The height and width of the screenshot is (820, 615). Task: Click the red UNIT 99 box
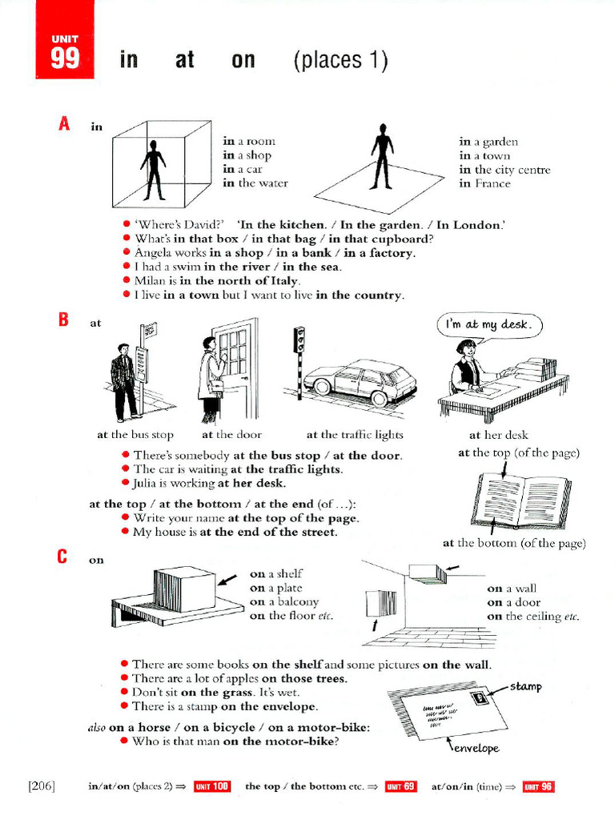click(65, 40)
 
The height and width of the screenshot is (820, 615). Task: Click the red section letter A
click(64, 124)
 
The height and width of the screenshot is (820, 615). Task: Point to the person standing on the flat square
click(382, 156)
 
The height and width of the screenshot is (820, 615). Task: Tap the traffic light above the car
click(299, 340)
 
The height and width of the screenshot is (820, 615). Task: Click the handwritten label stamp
click(525, 686)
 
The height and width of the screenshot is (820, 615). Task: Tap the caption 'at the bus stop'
click(135, 435)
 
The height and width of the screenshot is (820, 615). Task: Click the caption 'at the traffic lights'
click(355, 435)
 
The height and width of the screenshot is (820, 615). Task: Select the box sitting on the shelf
click(185, 589)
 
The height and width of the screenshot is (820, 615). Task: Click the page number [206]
click(42, 786)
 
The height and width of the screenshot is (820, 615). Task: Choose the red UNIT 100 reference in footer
click(211, 786)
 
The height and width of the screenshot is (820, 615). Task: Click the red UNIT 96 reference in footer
click(538, 786)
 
